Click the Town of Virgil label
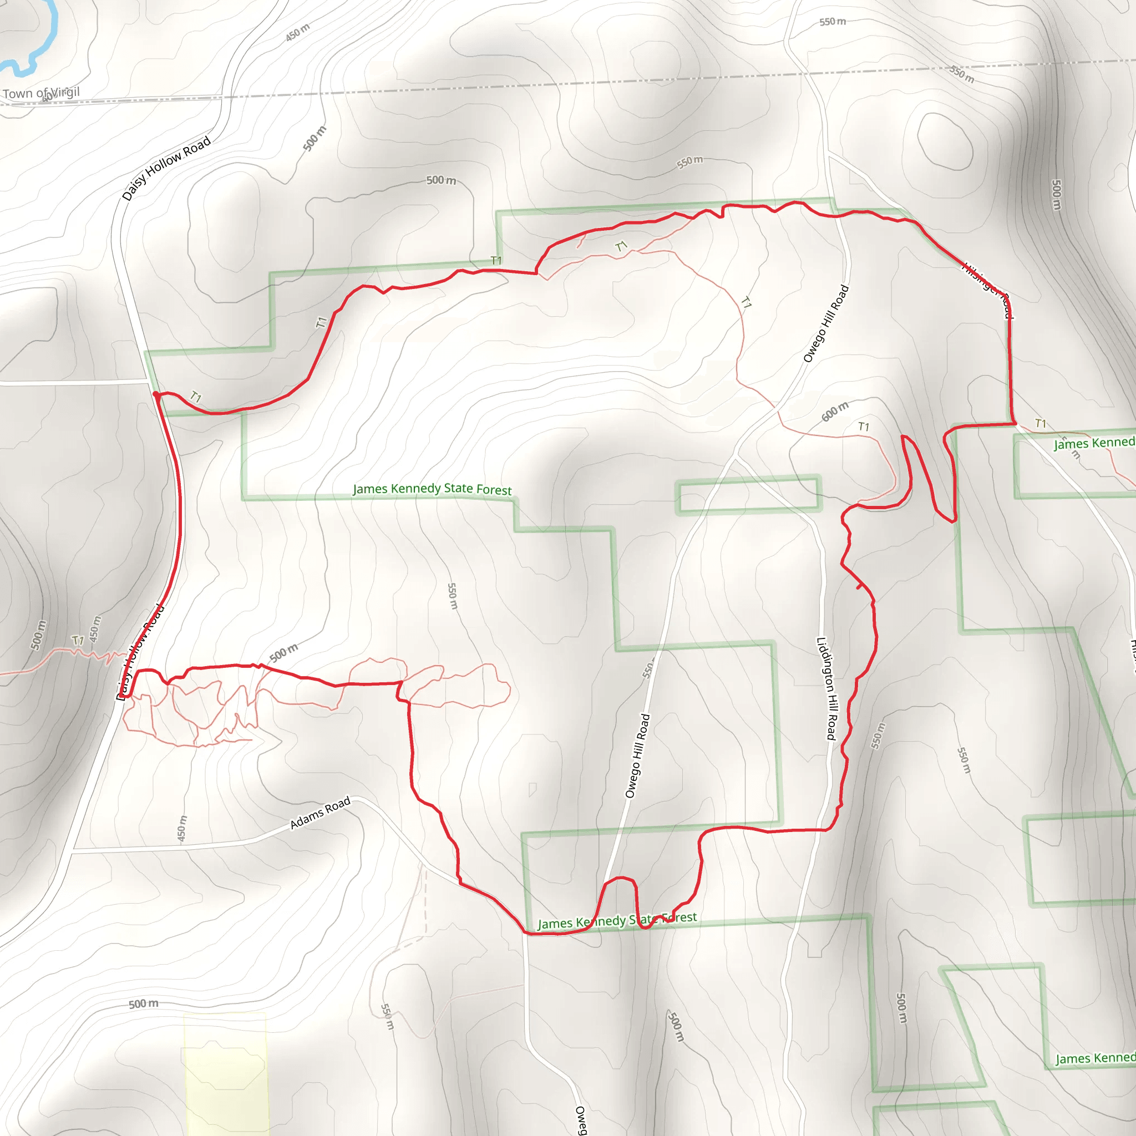(x=40, y=93)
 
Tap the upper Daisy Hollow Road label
(x=166, y=169)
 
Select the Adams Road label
(x=320, y=813)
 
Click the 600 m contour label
(x=835, y=412)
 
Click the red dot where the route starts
(x=155, y=394)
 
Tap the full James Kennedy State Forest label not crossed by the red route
(x=432, y=489)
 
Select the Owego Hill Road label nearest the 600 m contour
(x=825, y=323)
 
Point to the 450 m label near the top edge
(x=297, y=32)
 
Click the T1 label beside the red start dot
(x=196, y=398)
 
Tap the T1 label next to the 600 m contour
(x=863, y=427)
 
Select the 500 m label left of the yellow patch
(x=144, y=1003)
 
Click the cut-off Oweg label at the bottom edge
(x=580, y=1120)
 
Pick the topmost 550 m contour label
(x=833, y=22)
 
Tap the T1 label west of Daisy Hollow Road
(x=78, y=640)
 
